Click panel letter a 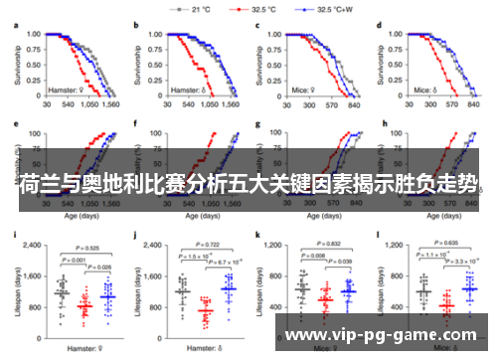[x=16, y=23]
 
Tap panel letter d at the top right [x=381, y=23]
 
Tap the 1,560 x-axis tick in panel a [x=110, y=102]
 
